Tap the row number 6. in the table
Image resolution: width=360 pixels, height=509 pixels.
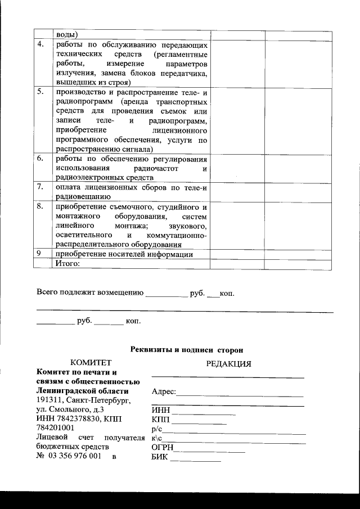40,159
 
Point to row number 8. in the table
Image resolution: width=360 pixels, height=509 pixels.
40,207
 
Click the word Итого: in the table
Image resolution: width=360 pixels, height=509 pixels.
67,263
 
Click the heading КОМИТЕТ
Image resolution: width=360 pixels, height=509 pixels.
91,362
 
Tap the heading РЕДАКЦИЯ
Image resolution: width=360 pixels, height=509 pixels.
228,363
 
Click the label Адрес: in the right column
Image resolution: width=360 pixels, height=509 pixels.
164,391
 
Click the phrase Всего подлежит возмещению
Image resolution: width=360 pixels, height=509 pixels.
89,293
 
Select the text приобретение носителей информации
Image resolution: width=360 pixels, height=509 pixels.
124,254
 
